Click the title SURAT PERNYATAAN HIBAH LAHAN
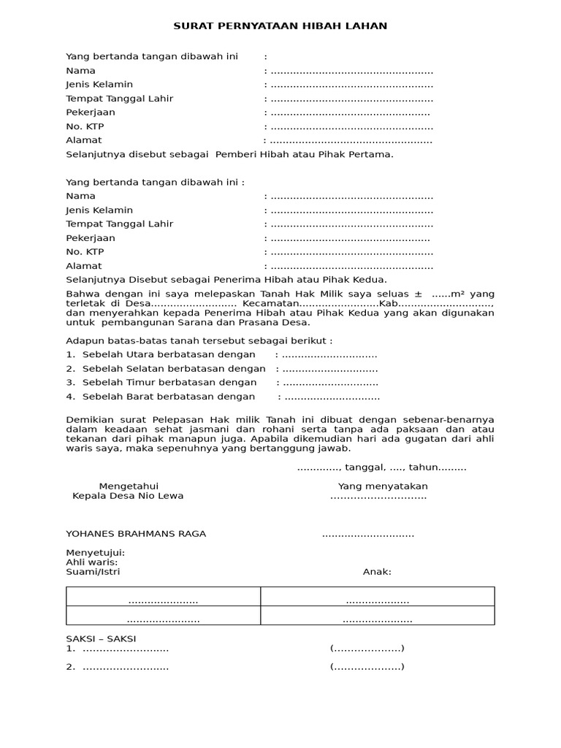click(x=280, y=26)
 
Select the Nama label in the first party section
click(x=80, y=71)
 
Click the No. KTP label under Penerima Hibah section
click(x=85, y=252)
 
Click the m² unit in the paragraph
click(x=458, y=293)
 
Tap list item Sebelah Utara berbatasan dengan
click(x=169, y=354)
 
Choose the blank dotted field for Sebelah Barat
click(x=332, y=397)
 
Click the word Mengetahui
click(x=129, y=486)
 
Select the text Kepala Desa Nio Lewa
click(x=128, y=496)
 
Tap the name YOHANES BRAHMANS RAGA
click(x=136, y=533)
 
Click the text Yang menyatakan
click(x=383, y=486)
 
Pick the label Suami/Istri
click(x=93, y=572)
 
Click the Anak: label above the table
click(x=377, y=572)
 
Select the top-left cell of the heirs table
click(x=164, y=600)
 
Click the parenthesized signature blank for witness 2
click(x=367, y=666)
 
